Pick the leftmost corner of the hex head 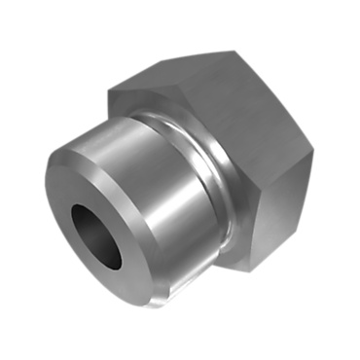[108, 91]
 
